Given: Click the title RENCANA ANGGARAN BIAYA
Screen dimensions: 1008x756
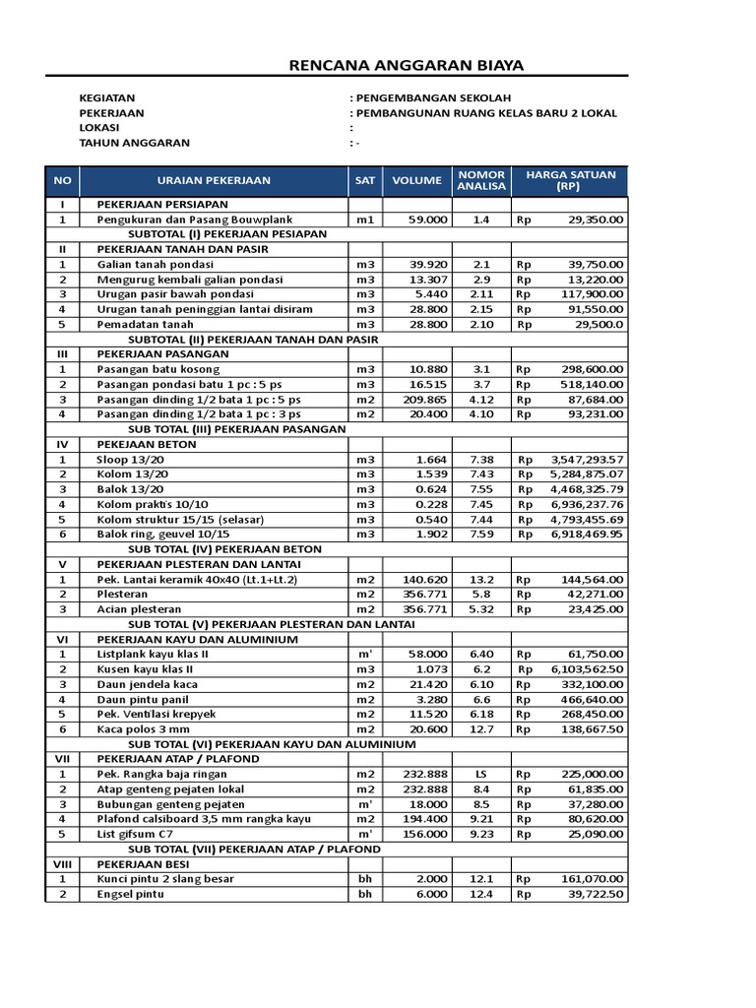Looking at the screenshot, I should [x=406, y=66].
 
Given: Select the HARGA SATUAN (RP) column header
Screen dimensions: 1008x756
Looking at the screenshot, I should [x=570, y=180].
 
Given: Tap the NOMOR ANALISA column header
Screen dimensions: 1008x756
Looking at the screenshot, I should [x=480, y=180].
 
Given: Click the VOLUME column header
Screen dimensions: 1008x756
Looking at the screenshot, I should [x=417, y=180].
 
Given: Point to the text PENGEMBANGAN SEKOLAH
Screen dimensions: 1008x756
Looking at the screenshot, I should [x=433, y=98].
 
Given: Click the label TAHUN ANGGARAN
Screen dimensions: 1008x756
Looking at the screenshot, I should [x=134, y=143].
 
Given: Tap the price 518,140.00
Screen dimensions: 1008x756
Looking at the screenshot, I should [x=587, y=385].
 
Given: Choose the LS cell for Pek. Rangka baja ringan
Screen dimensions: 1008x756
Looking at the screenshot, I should [x=480, y=774].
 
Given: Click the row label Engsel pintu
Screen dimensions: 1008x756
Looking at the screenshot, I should [x=130, y=894].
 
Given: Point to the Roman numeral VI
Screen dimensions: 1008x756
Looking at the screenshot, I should [x=62, y=640].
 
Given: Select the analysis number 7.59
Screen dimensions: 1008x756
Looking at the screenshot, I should [x=480, y=535].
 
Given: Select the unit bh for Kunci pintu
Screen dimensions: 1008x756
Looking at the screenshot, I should [x=365, y=879].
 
